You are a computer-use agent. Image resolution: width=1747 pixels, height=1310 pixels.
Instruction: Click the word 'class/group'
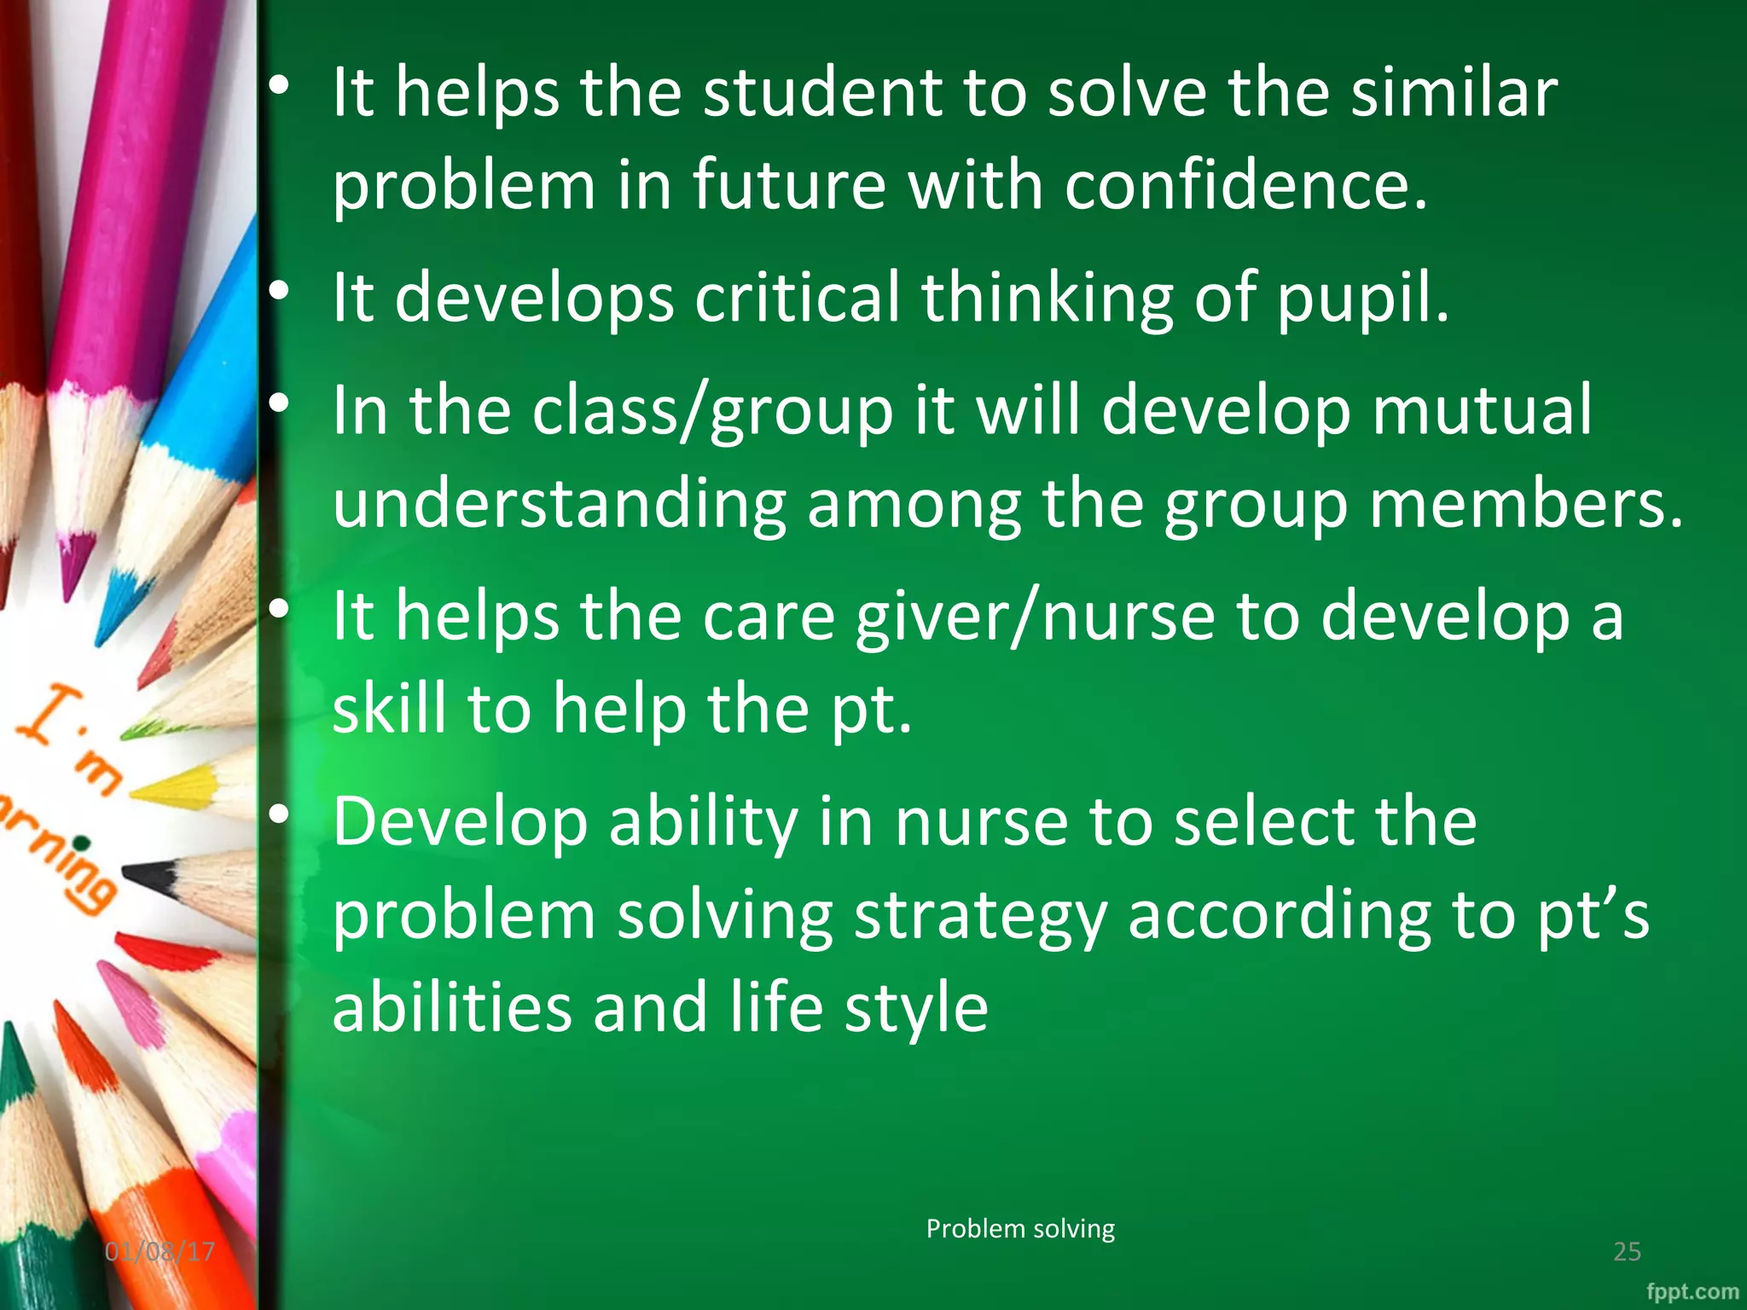(x=713, y=411)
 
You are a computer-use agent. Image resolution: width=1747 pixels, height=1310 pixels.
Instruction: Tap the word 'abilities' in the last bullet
(x=451, y=1008)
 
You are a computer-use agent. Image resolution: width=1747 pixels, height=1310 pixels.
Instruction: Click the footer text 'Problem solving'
(x=1020, y=1229)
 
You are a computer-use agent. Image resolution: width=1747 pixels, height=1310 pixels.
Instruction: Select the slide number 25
(x=1627, y=1251)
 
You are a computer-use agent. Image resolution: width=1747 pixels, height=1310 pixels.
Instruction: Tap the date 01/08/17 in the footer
(x=160, y=1251)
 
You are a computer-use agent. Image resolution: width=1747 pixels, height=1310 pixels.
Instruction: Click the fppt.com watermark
(x=1692, y=1291)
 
